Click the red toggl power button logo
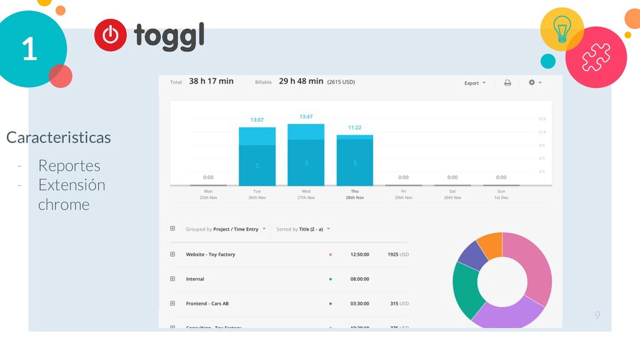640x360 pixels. [111, 35]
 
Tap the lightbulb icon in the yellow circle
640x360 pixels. [562, 29]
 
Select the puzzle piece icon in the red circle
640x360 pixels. [596, 57]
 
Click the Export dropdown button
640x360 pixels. [474, 82]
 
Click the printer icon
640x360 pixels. [507, 82]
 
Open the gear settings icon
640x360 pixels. [534, 82]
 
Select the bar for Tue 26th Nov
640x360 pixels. [257, 156]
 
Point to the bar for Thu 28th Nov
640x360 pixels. [354, 160]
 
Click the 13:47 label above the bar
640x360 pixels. [306, 117]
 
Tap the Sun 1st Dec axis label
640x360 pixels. [501, 194]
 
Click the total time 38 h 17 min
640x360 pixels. [211, 81]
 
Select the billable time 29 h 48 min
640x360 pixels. [301, 81]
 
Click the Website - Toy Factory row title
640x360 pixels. [211, 254]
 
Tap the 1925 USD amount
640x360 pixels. [397, 254]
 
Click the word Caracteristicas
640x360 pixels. [58, 137]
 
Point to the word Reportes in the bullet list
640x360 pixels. [69, 166]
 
